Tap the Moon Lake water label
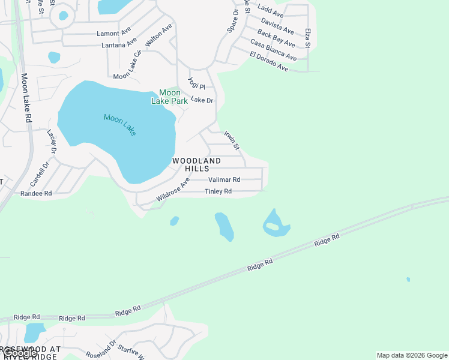(120, 125)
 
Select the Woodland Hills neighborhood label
(196, 165)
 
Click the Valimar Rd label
(224, 179)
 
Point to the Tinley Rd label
(218, 191)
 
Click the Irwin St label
(232, 140)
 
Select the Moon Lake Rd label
(26, 98)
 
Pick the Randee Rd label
(36, 194)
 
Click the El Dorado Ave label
(269, 62)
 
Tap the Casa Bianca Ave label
(273, 50)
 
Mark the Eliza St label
(307, 38)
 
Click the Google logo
(19, 353)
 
